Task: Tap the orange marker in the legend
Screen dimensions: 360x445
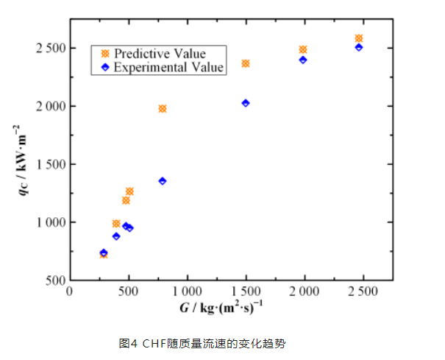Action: click(x=104, y=54)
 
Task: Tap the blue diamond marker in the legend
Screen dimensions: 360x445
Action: click(x=104, y=66)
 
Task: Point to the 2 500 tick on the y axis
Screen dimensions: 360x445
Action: click(x=49, y=48)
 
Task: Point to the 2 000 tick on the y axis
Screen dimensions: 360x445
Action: click(x=49, y=106)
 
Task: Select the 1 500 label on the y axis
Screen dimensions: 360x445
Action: click(x=49, y=164)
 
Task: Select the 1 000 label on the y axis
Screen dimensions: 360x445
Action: click(x=49, y=222)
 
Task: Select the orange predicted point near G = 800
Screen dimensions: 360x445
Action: click(x=163, y=109)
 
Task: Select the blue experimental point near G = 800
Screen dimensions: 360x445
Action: click(x=163, y=180)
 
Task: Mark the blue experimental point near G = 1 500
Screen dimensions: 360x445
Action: click(x=246, y=103)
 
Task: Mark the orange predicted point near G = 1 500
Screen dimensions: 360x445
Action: click(x=246, y=63)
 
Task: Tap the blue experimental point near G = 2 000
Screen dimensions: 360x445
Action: click(x=303, y=60)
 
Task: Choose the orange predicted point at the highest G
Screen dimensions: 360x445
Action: click(x=359, y=38)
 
